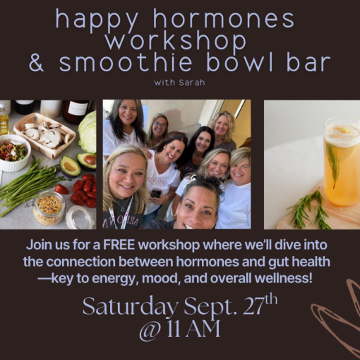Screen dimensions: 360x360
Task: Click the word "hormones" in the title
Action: (x=224, y=19)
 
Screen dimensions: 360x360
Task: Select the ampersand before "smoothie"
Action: (x=37, y=63)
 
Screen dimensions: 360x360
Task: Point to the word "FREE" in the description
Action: (x=119, y=245)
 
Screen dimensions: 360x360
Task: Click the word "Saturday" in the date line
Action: (x=130, y=306)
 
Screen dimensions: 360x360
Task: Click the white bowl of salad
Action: (x=13, y=152)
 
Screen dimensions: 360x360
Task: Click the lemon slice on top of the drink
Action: (x=347, y=130)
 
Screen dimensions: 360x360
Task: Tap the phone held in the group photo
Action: (x=156, y=193)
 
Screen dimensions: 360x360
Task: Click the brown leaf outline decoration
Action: (x=339, y=318)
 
